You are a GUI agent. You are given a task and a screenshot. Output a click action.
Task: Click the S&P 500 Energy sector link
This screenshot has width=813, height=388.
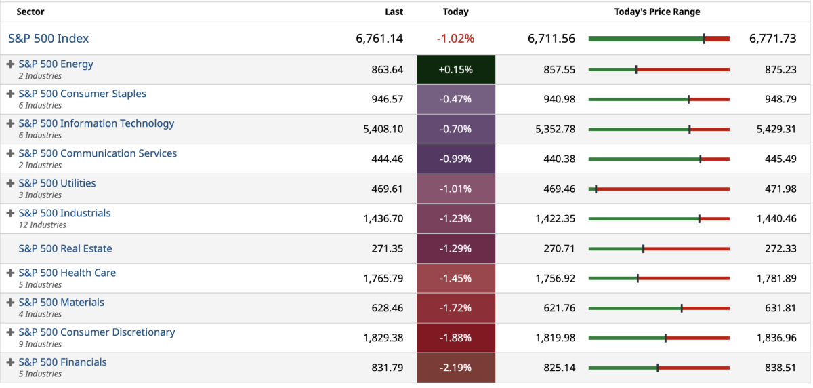(x=56, y=64)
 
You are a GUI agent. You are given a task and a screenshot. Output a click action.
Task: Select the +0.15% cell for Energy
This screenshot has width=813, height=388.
(x=456, y=70)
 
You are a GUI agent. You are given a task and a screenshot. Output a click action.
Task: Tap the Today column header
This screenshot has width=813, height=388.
(x=456, y=12)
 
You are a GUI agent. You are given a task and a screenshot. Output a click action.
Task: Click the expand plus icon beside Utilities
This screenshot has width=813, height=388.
(x=10, y=183)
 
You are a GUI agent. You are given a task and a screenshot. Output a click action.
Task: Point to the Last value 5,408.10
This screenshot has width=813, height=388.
(x=383, y=129)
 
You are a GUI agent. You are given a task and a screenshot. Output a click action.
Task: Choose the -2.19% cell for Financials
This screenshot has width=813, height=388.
(x=456, y=368)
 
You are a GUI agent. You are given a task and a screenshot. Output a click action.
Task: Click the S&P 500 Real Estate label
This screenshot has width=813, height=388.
(x=65, y=248)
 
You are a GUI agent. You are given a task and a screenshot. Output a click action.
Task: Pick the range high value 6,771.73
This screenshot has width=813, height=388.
(x=772, y=39)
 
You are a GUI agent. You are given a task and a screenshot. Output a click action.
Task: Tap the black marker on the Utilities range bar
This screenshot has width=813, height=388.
(x=596, y=189)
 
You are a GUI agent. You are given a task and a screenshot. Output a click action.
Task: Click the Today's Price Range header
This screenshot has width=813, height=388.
(x=657, y=12)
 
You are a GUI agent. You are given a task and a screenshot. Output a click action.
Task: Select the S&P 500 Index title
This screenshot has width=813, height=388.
(x=49, y=39)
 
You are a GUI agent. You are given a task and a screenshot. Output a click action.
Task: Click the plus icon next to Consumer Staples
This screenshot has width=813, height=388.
(x=10, y=94)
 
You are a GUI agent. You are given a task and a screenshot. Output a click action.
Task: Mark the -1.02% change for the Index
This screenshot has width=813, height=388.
(x=456, y=39)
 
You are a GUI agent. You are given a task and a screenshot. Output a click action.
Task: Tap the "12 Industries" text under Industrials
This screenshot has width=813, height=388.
(x=42, y=225)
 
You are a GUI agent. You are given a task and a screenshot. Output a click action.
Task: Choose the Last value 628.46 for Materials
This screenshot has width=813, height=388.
(x=388, y=308)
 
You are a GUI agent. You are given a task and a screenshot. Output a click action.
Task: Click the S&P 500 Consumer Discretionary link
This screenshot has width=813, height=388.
(x=97, y=332)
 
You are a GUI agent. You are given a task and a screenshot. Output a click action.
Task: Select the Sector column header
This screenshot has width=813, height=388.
(x=30, y=12)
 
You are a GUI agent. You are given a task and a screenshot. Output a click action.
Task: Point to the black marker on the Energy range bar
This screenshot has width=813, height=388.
(x=636, y=70)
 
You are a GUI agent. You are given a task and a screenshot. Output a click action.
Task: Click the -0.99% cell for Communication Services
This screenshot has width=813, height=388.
(x=456, y=159)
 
